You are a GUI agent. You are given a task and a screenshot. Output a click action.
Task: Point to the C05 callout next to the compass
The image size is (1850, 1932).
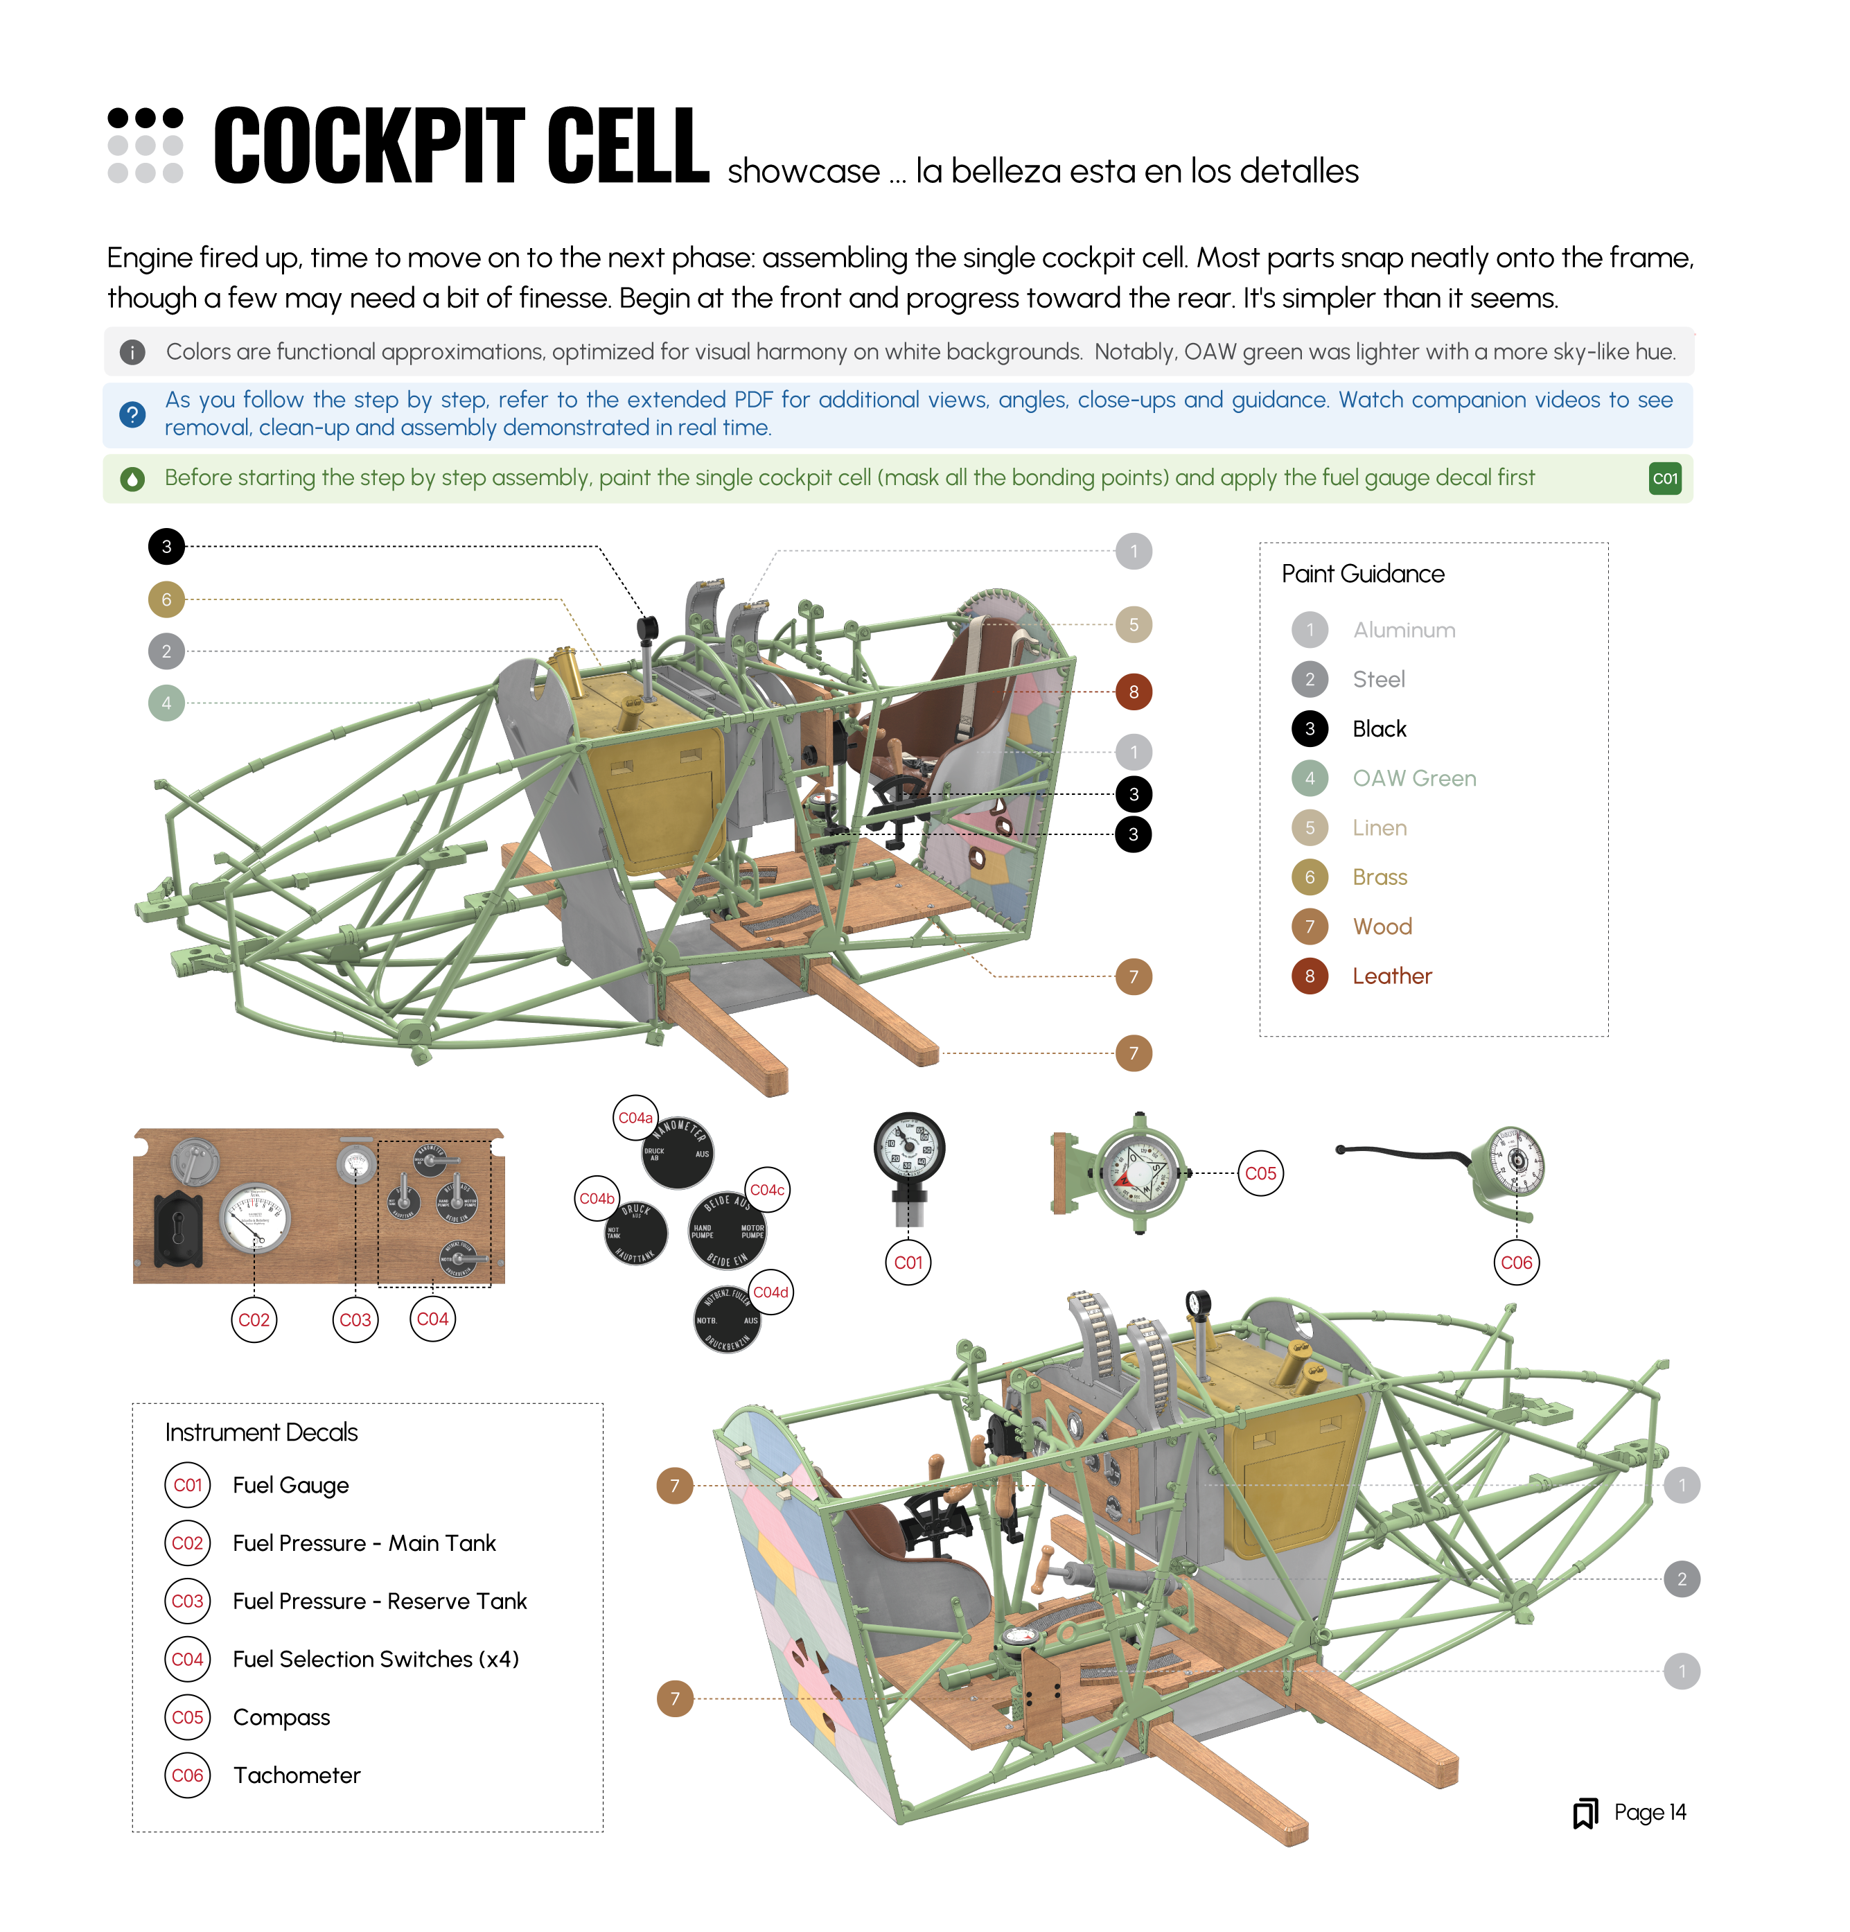click(x=1260, y=1173)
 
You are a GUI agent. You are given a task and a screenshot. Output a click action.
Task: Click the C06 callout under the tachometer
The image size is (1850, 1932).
click(x=1516, y=1263)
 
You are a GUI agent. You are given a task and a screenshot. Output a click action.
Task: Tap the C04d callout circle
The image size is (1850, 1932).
click(x=770, y=1292)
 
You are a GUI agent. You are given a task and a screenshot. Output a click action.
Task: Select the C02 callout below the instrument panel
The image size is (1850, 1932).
click(x=254, y=1320)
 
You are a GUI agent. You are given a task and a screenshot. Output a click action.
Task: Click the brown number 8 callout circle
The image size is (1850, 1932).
click(x=1134, y=692)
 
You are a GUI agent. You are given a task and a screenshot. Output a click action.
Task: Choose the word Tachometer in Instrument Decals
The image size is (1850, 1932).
click(x=297, y=1775)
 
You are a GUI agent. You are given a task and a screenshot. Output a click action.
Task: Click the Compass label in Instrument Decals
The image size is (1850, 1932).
click(x=281, y=1717)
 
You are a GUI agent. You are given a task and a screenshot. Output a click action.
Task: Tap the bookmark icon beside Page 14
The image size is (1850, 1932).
click(x=1585, y=1813)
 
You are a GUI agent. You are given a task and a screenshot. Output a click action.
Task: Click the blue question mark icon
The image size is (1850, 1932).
click(x=132, y=414)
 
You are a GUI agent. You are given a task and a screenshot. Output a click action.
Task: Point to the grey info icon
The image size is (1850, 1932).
click(x=132, y=352)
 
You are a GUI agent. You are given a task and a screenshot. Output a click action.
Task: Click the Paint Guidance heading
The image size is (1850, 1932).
click(x=1362, y=574)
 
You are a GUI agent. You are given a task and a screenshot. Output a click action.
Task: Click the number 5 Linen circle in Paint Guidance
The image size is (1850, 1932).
click(x=1309, y=828)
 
